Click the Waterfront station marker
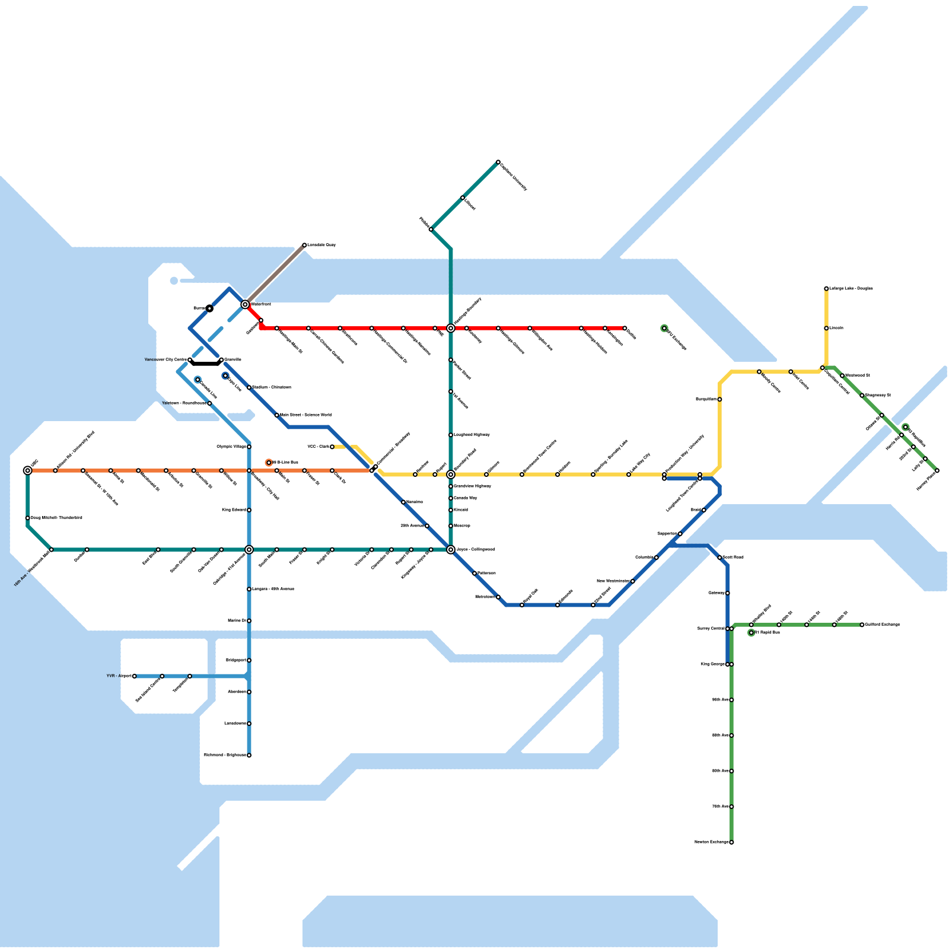pos(245,304)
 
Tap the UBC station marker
pos(28,470)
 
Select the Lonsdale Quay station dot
pos(304,245)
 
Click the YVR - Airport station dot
pos(135,676)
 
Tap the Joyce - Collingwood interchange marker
pos(451,550)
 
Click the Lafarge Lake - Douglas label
pos(851,289)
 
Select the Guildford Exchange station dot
pos(862,625)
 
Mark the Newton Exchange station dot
pos(731,842)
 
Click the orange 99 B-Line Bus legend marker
pos(269,462)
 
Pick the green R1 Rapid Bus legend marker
pos(751,633)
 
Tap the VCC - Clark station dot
pos(332,447)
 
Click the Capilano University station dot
pos(498,162)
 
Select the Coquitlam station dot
pos(719,399)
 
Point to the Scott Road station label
pos(733,558)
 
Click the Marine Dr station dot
pos(249,621)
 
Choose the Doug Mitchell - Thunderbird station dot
pos(28,518)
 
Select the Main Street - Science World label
pos(305,415)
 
